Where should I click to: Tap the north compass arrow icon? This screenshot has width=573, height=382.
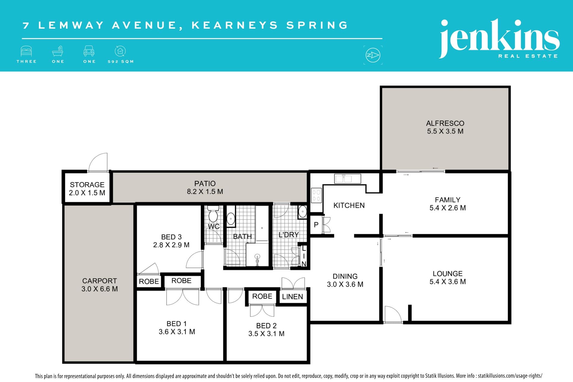(x=373, y=55)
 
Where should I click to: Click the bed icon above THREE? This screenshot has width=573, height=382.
(x=26, y=51)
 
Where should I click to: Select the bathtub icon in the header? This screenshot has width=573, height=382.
(x=58, y=51)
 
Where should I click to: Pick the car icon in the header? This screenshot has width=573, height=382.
(x=89, y=51)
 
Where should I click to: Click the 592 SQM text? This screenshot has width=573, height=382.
(x=121, y=61)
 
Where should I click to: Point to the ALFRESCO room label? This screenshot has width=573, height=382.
(x=445, y=123)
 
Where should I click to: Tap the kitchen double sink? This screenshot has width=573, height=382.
(x=347, y=179)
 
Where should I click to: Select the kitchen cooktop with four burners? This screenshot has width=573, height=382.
(x=316, y=195)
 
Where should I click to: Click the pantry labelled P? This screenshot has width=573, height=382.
(x=316, y=224)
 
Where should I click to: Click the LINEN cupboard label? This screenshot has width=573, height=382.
(x=292, y=297)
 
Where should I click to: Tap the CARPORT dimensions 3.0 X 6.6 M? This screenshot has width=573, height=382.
(x=100, y=289)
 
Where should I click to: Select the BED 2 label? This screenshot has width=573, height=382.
(x=266, y=326)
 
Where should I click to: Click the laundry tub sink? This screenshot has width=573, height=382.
(x=302, y=212)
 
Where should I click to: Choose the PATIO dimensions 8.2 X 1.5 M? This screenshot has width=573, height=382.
(x=205, y=192)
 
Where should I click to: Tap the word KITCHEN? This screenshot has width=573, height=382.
(x=349, y=205)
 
